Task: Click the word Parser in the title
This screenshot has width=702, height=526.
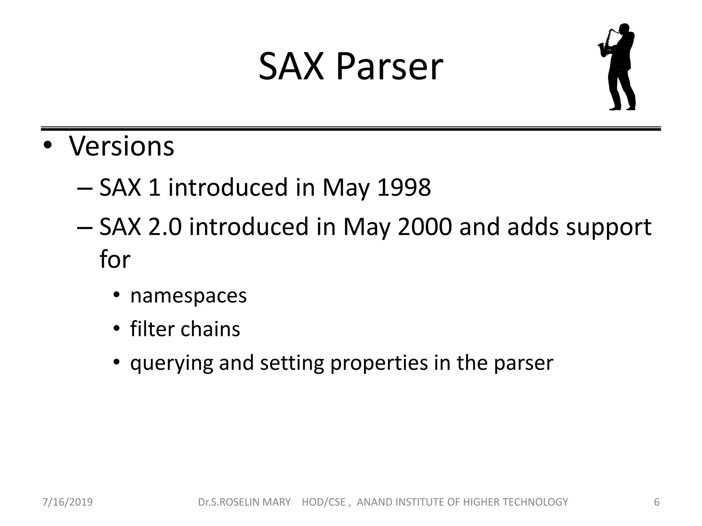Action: [x=389, y=67]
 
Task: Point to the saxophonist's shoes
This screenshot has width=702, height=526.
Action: [x=622, y=108]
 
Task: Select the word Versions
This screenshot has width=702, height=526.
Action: [x=122, y=146]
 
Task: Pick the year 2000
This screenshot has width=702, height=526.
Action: [x=425, y=227]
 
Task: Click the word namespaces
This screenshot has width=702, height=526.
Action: [x=188, y=296]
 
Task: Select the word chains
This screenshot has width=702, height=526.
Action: [x=210, y=329]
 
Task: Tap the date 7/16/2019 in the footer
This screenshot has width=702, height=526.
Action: [x=68, y=502]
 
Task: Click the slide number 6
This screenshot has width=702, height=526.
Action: [x=656, y=502]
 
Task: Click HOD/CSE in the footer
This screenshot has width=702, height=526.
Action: [x=323, y=502]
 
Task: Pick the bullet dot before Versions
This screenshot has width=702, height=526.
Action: [x=47, y=146]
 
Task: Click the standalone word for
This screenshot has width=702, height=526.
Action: [x=115, y=259]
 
